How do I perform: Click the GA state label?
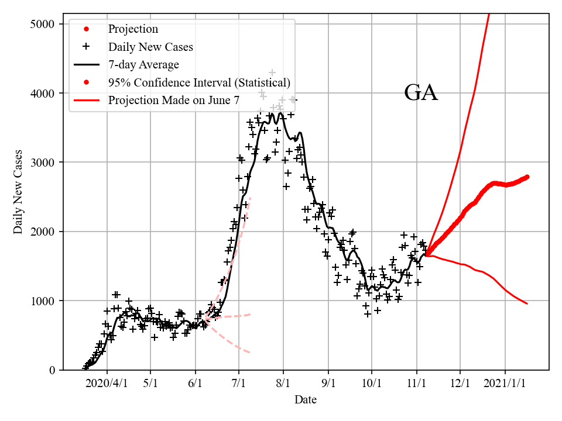(x=421, y=93)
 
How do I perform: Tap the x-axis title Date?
(x=306, y=400)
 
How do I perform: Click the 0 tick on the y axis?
(x=52, y=371)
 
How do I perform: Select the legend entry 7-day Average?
(x=143, y=64)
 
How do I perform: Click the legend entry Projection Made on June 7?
(x=173, y=101)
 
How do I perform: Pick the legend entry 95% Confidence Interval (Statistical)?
(x=199, y=82)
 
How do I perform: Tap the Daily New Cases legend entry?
(x=150, y=47)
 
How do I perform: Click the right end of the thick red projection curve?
(x=527, y=176)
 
